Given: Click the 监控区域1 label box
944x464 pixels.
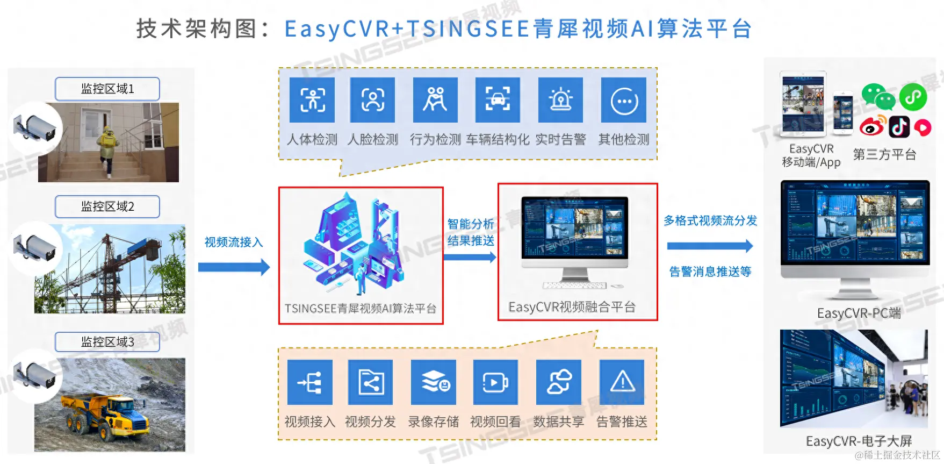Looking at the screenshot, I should point(107,89).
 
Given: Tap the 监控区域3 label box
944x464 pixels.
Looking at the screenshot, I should point(107,342).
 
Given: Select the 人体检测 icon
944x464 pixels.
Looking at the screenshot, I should point(312,100).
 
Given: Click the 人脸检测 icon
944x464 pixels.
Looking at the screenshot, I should point(372,100).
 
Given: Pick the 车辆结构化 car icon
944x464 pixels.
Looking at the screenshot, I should point(498,100).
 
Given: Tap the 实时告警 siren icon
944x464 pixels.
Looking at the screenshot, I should point(560,100).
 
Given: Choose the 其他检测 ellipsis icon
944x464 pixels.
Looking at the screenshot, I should point(624,101).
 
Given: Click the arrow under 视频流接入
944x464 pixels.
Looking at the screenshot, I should point(234,267).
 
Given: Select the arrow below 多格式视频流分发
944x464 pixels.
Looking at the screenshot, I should point(709,246).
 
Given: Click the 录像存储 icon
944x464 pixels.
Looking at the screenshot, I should point(434,382).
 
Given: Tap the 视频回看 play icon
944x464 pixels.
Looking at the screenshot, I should point(495,382).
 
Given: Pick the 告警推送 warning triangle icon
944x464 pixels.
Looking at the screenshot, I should point(622,382).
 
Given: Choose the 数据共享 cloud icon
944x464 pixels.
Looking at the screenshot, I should point(559,382).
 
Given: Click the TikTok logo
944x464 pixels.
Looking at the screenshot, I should point(899,127).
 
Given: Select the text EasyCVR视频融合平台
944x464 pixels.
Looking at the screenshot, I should point(572,307).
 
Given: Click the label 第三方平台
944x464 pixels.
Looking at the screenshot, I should point(884,155).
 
